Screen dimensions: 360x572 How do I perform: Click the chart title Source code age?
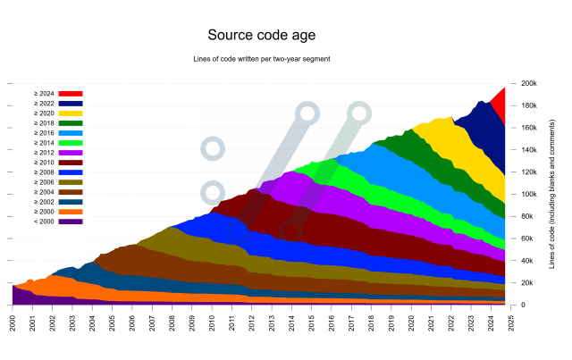tap(261, 36)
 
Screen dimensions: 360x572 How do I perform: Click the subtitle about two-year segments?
tap(261, 60)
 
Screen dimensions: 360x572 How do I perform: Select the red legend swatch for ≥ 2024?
tap(71, 93)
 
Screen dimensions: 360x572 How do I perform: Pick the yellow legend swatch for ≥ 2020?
tap(71, 113)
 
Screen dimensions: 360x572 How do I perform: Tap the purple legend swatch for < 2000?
tap(71, 221)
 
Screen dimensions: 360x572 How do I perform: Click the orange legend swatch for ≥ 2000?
tap(71, 212)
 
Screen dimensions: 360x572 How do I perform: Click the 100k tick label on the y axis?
tap(528, 194)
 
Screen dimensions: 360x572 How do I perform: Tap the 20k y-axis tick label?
tap(526, 283)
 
